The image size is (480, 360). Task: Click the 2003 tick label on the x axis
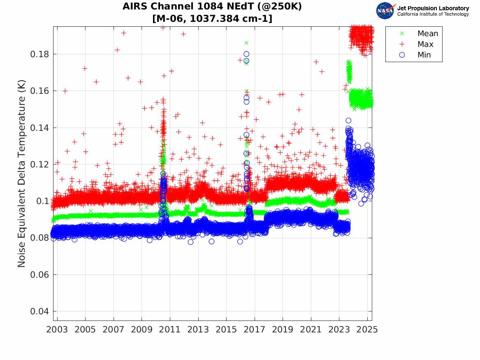pos(57,330)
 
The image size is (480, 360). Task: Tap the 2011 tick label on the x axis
pos(170,330)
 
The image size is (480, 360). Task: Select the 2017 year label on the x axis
pos(255,330)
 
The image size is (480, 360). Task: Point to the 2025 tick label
pos(367,330)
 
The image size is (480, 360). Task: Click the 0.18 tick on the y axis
pos(40,54)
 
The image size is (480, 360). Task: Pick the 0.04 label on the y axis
pos(40,311)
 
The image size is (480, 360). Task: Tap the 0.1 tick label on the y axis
pos(42,201)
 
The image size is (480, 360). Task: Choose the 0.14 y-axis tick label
pos(40,128)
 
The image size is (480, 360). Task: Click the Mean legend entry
pos(428,34)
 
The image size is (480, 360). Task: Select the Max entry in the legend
pos(426,44)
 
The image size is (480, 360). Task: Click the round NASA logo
pos(385,11)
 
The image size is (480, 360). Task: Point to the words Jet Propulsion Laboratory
pos(433,8)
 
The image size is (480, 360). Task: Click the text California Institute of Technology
pos(433,14)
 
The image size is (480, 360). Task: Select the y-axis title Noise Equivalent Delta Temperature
pos(22,174)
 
